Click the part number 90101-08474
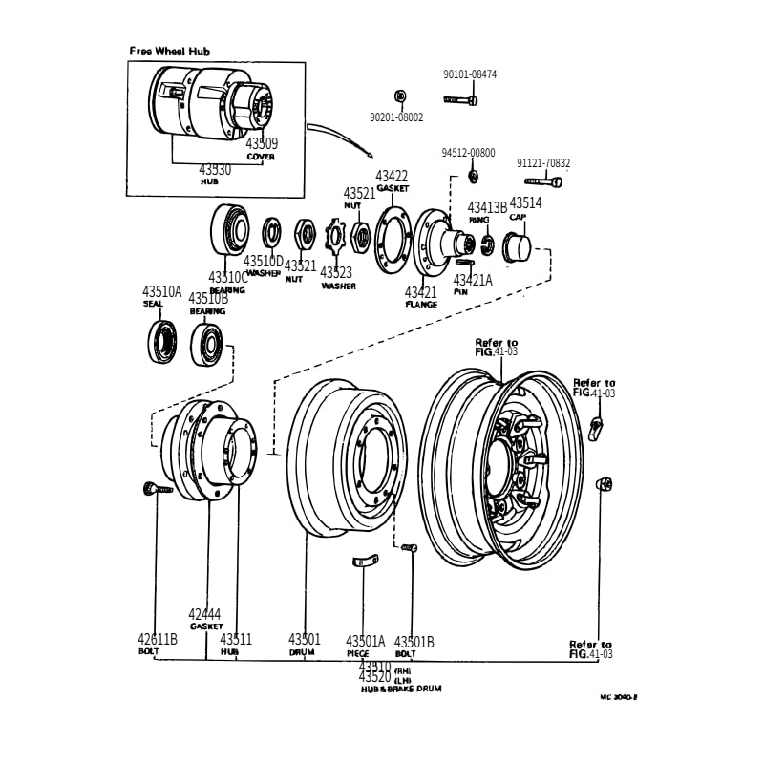(470, 74)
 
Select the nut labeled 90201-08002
(400, 95)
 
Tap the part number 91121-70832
(543, 163)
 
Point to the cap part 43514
(517, 246)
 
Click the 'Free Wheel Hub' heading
(170, 52)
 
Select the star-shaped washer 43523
(337, 238)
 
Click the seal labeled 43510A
(161, 342)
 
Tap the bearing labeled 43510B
(206, 344)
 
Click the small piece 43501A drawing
(364, 561)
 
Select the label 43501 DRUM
(305, 645)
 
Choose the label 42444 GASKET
(205, 620)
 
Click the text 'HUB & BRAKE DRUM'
(401, 688)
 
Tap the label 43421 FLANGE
(420, 298)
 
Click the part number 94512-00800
(468, 153)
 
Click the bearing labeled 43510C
(228, 230)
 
